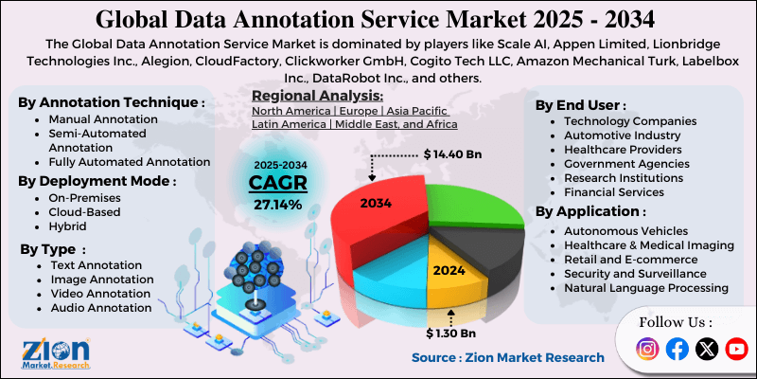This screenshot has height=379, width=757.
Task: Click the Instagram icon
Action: point(647,350)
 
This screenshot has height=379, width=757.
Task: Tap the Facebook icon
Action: point(677,350)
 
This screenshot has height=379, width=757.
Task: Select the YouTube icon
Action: point(736,350)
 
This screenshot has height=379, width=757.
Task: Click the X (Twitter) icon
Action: point(707,350)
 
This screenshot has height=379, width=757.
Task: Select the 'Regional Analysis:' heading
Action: point(317,96)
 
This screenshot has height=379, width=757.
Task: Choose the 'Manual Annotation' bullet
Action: point(103,119)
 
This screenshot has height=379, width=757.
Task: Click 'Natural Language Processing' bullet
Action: point(646,287)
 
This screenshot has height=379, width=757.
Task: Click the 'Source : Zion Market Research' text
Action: point(507,357)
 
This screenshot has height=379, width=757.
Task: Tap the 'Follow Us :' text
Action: point(676,322)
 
